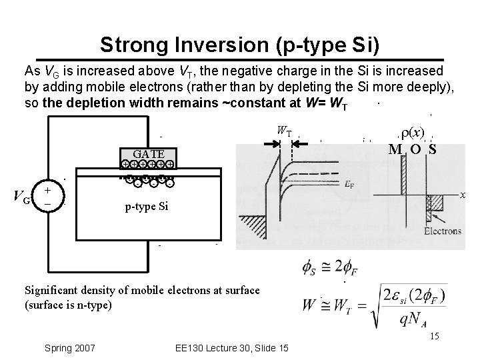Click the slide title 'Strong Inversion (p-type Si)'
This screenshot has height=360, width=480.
[240, 45]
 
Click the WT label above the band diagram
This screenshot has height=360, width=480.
[284, 131]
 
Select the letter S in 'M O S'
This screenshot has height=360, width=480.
[433, 149]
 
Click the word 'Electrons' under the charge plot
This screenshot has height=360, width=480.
[442, 231]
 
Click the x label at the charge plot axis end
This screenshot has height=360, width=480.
[461, 195]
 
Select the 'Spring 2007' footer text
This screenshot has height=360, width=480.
[70, 348]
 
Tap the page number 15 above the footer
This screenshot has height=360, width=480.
[435, 337]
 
